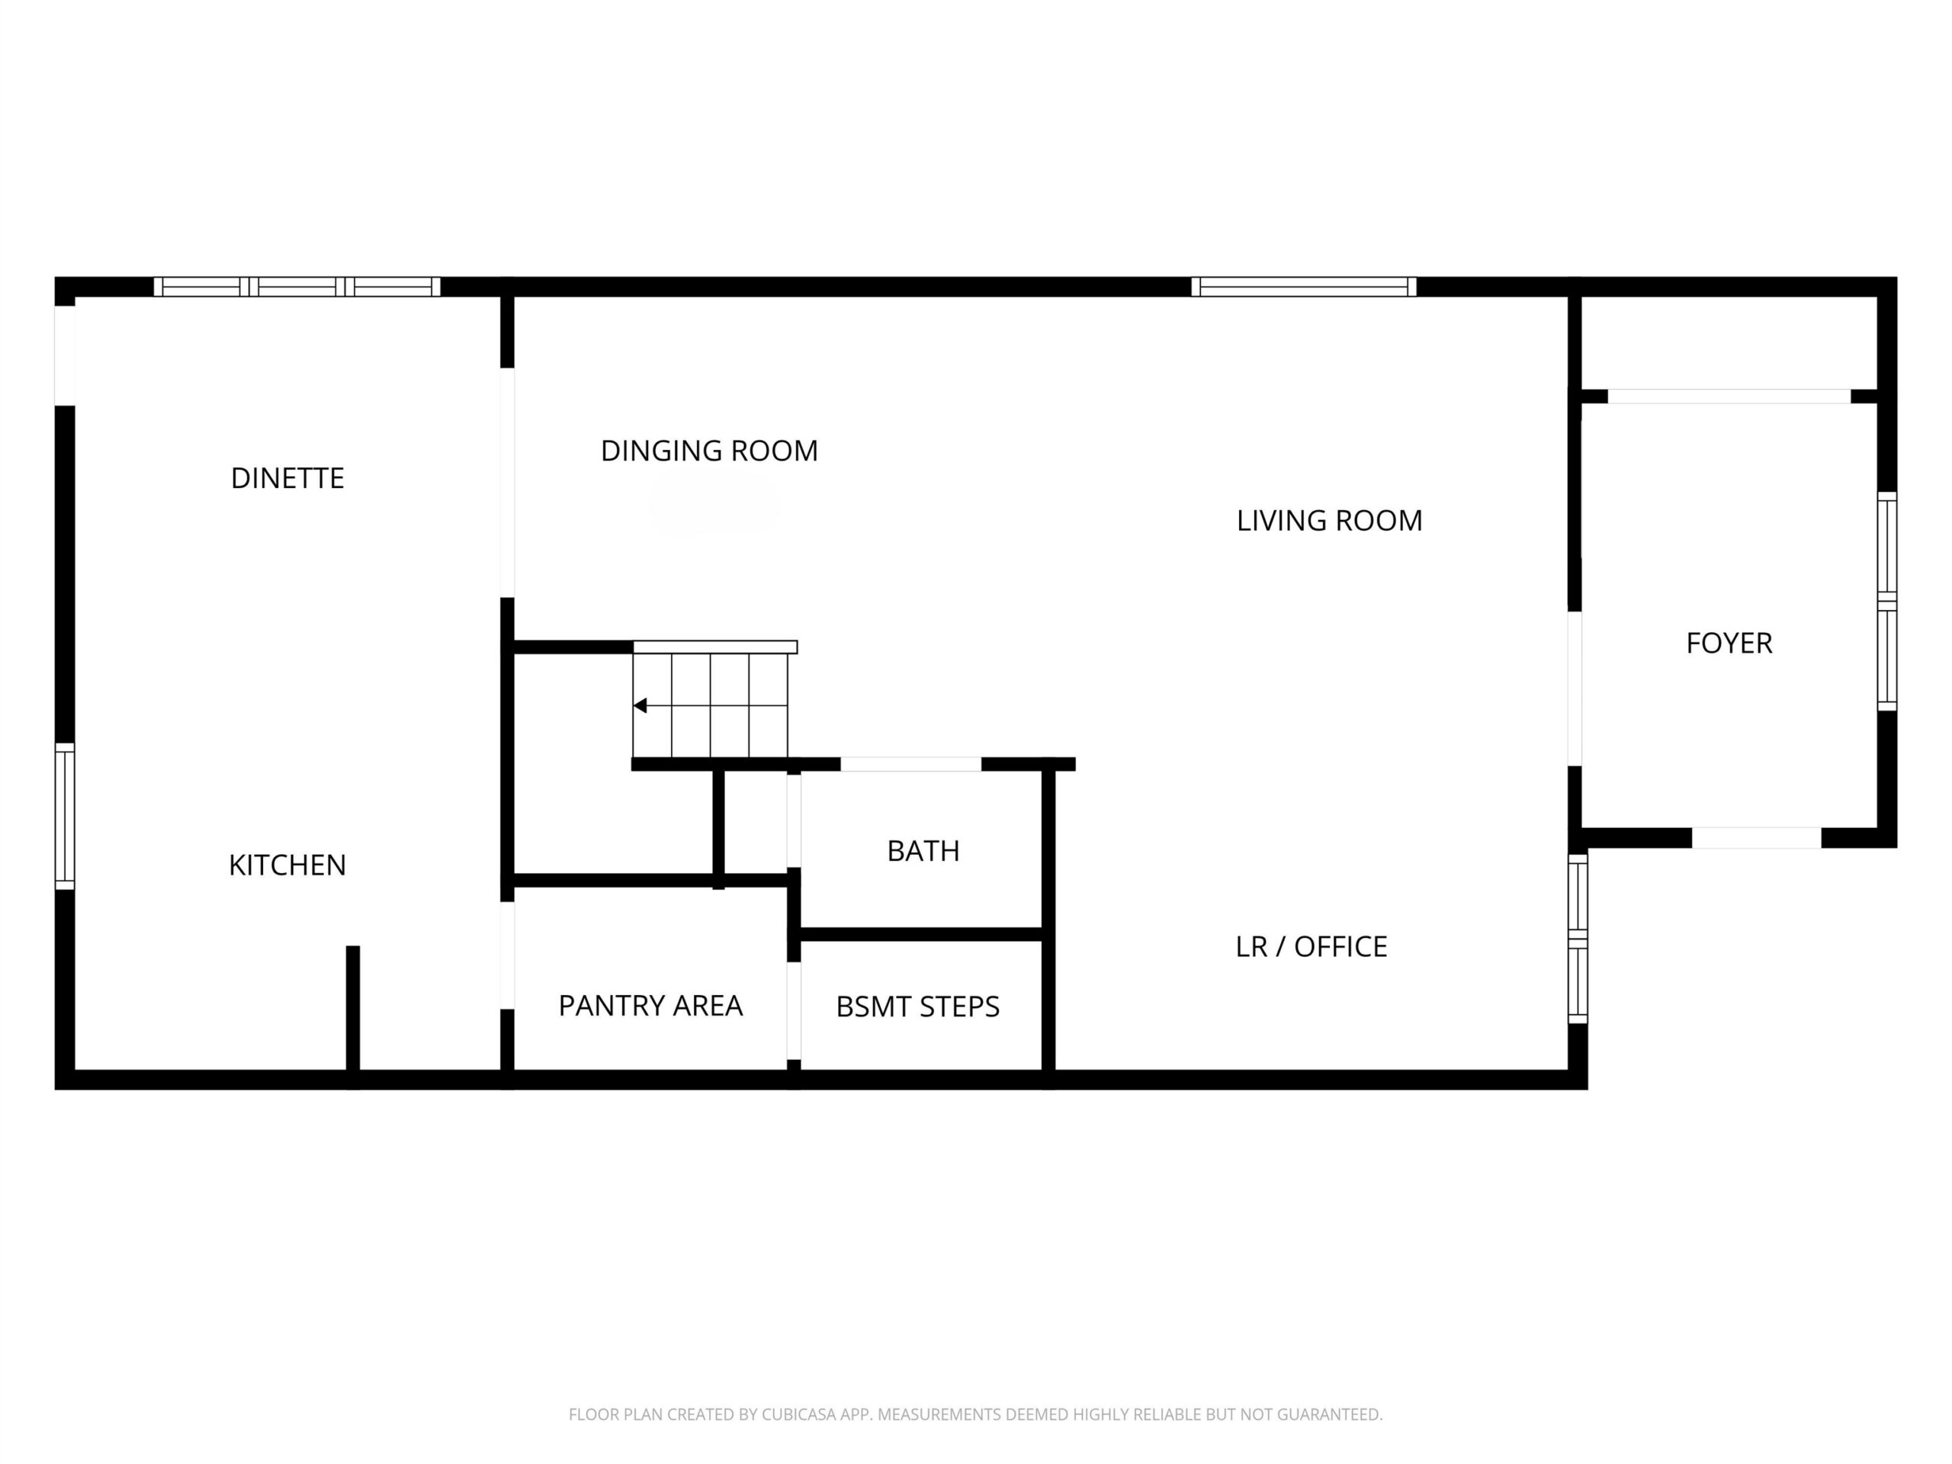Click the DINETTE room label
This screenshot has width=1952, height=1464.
point(287,478)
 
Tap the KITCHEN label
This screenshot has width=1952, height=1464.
point(287,865)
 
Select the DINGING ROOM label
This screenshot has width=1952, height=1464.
point(709,451)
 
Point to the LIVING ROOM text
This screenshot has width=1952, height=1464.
point(1329,521)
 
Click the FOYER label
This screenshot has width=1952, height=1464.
point(1729,644)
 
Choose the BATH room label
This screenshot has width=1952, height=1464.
point(923,851)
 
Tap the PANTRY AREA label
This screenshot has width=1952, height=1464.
point(650,1005)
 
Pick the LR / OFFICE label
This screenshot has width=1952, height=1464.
point(1311,946)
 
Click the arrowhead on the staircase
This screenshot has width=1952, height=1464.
point(640,705)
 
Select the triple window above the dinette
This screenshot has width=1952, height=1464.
point(297,286)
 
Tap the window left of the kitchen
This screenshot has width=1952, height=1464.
point(64,817)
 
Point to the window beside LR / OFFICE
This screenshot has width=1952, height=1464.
point(1577,938)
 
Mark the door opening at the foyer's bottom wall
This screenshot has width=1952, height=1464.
point(1756,837)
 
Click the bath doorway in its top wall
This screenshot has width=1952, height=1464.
point(910,764)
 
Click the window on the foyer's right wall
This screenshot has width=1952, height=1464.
point(1886,601)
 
